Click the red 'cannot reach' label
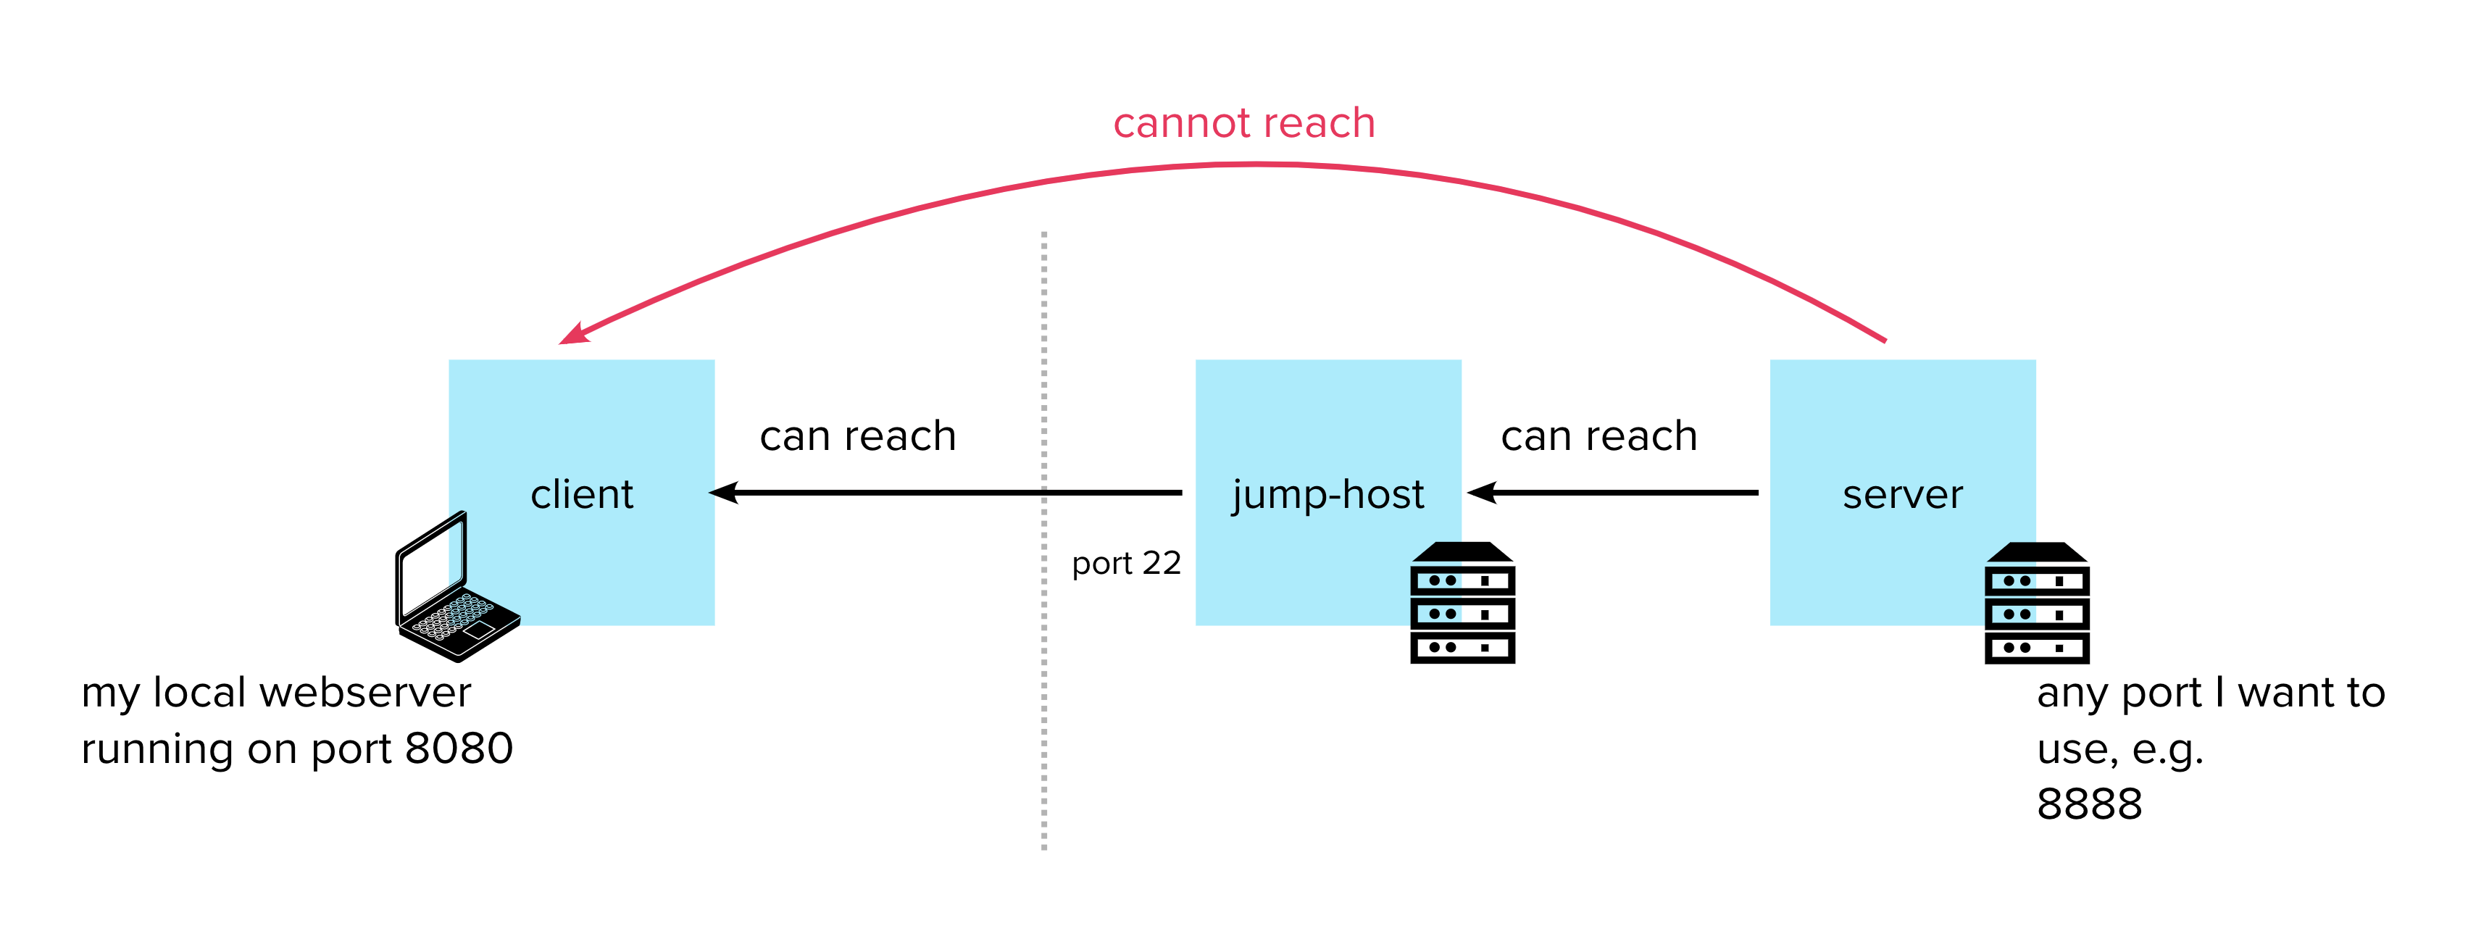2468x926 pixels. click(1243, 123)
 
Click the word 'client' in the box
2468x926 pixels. click(582, 495)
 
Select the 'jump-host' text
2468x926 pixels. click(1328, 495)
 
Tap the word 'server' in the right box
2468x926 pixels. click(1902, 495)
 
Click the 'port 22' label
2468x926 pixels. click(1126, 563)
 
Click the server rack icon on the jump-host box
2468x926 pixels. click(1462, 604)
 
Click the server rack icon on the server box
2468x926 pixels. click(2036, 604)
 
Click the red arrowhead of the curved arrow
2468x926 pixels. click(573, 334)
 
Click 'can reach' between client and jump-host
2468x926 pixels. click(857, 437)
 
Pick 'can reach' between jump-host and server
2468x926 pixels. click(1598, 437)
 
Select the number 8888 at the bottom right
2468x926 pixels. click(2088, 804)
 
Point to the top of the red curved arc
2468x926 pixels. click(1255, 164)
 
